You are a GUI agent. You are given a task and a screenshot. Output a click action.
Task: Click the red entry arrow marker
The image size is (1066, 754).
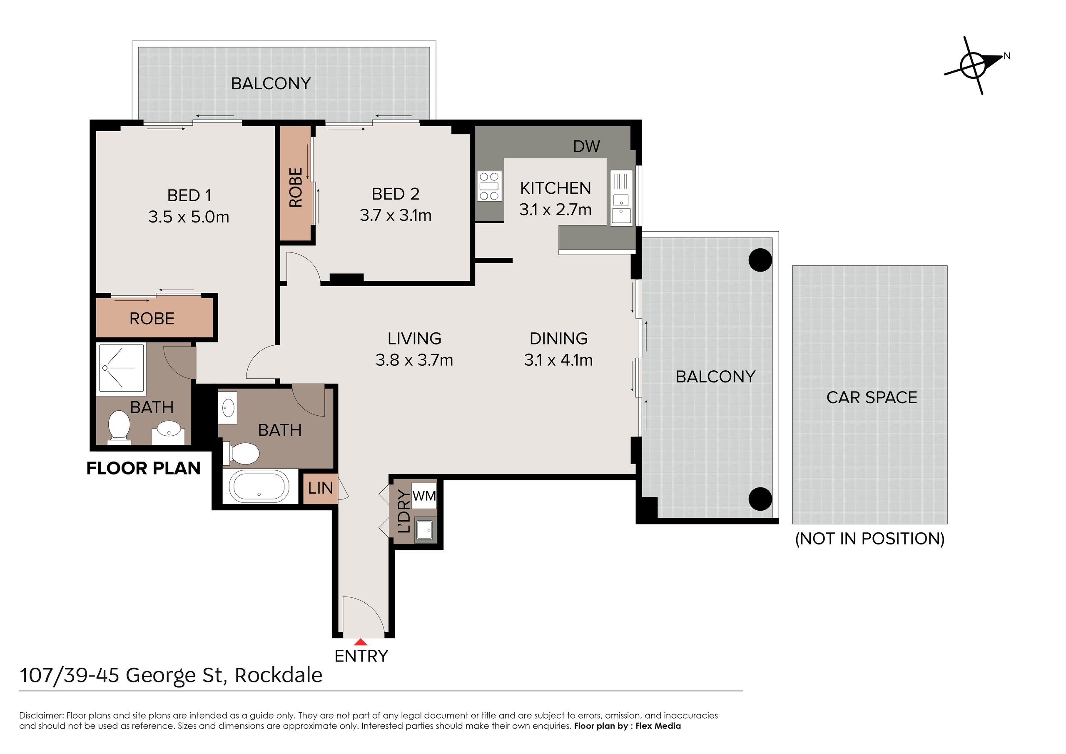pos(361,642)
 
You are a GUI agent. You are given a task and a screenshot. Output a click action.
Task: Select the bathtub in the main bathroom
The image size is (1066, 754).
pos(259,487)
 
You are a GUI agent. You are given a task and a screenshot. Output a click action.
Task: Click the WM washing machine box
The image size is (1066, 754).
pos(424,496)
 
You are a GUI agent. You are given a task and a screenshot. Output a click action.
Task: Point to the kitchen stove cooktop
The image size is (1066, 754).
pos(489,186)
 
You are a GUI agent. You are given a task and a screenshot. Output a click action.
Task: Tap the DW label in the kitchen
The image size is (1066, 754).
pos(586,146)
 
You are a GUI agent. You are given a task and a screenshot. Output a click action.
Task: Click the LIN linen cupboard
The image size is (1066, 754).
pos(320,488)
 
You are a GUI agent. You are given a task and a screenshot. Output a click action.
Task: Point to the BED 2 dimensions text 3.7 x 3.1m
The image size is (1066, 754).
pos(396,215)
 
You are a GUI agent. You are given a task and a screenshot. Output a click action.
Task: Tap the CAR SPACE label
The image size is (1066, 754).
pos(872,398)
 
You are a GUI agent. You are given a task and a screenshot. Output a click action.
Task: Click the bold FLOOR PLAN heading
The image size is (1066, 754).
pos(144,468)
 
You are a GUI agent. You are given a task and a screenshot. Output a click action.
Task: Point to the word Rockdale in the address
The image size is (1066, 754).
pos(279,675)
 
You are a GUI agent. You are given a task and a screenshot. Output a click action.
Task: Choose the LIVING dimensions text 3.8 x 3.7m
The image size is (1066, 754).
pos(414,360)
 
